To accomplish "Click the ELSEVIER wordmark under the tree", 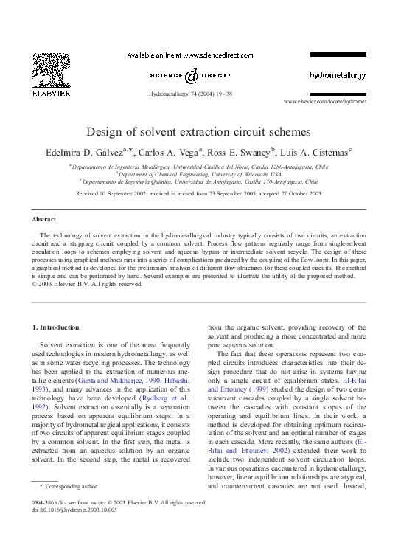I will [x=51, y=94].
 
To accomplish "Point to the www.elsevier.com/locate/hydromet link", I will [x=325, y=102].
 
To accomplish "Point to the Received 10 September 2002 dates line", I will [x=199, y=193].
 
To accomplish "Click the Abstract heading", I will [x=44, y=219].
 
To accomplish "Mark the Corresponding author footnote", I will [x=73, y=487].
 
